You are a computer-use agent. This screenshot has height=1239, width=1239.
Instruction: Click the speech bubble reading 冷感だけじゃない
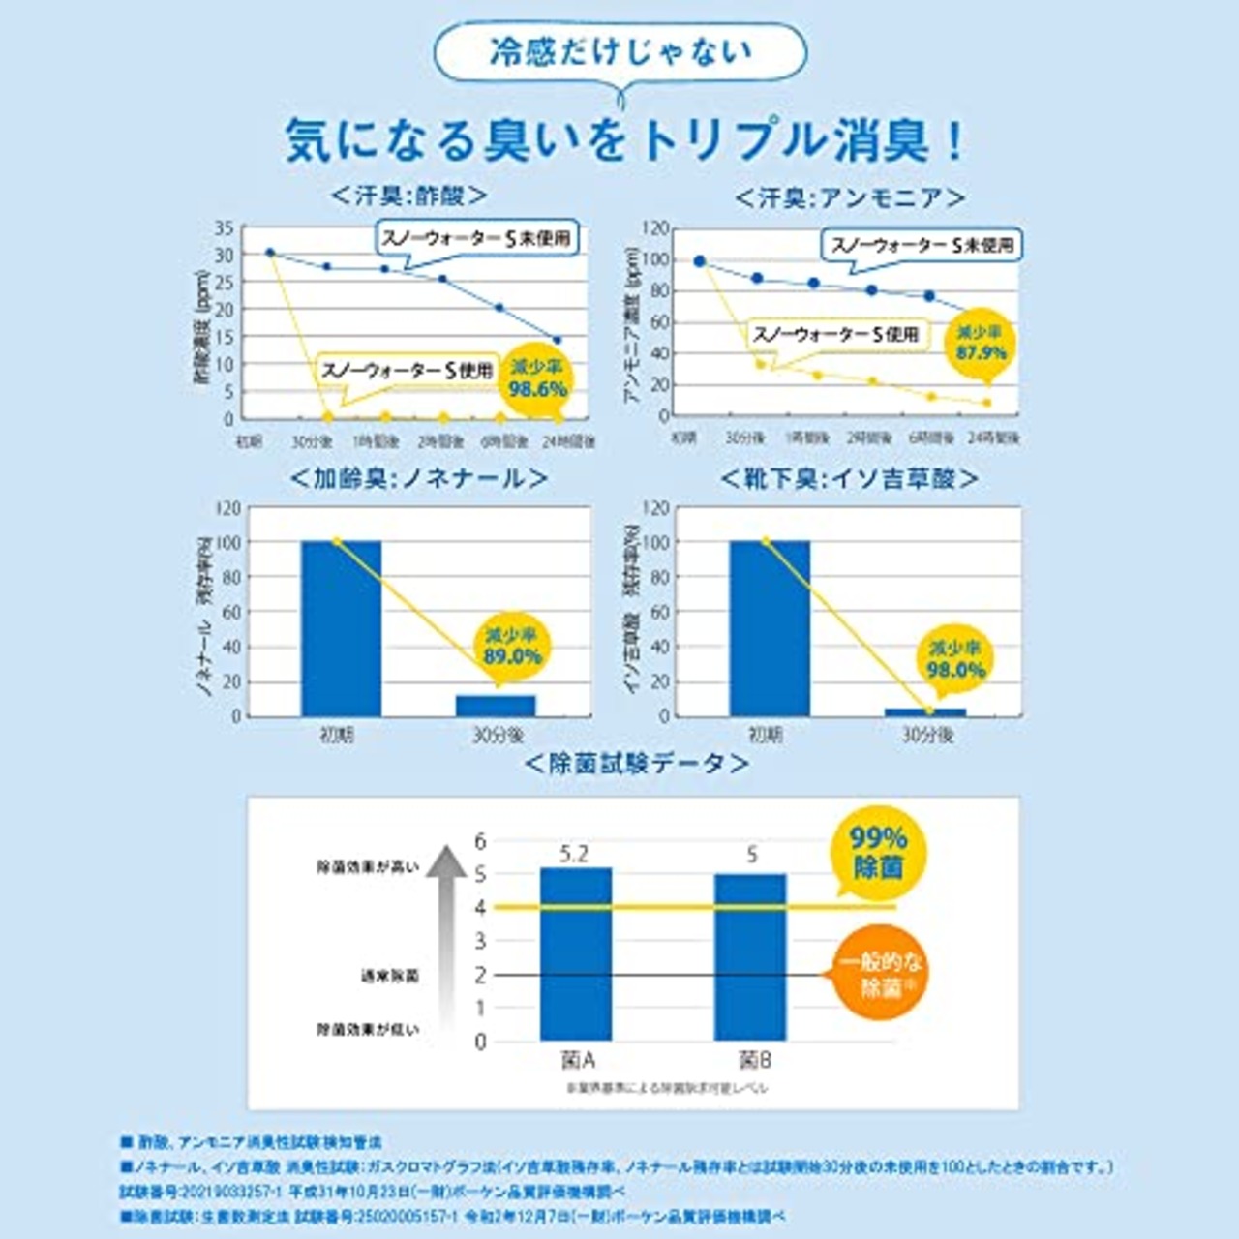pos(619,53)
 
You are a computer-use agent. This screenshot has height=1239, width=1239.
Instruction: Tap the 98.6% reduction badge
pos(538,379)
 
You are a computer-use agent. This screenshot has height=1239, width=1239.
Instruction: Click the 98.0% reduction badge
pos(955,660)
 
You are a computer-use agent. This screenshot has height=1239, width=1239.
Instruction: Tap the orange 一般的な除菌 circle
pos(879,975)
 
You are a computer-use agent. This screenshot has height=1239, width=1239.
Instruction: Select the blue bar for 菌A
pos(576,954)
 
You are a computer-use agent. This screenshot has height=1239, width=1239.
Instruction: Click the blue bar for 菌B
pos(750,957)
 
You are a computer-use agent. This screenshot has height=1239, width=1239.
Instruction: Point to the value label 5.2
pos(575,854)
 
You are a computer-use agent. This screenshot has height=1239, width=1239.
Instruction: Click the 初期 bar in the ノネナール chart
pos(341,628)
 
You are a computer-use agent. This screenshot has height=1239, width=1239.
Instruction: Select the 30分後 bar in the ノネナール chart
pos(496,706)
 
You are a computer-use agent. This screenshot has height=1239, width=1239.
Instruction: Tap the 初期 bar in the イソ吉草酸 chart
pos(770,628)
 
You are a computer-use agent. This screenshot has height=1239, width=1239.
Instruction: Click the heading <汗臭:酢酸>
pos(408,196)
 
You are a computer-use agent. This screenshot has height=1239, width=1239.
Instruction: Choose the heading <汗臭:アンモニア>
pos(850,198)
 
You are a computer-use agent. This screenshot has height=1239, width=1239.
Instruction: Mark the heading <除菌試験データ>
pos(636,764)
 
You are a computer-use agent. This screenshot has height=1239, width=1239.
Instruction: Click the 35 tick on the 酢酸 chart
pos(225,228)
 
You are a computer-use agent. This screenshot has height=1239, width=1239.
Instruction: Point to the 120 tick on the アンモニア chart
pos(656,228)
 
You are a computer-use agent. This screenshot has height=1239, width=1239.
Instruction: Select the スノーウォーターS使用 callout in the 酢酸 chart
pos(407,371)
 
